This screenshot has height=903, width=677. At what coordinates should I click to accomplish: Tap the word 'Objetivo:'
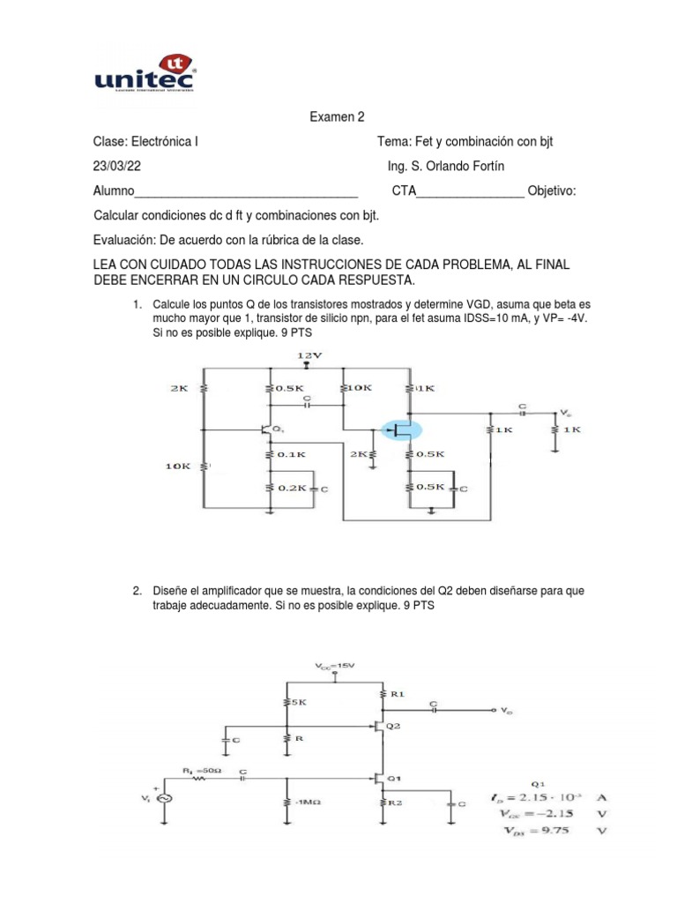click(552, 191)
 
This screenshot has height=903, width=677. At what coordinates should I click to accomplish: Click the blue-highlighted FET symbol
click(401, 430)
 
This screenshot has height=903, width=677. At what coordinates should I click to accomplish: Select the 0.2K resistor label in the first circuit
click(291, 487)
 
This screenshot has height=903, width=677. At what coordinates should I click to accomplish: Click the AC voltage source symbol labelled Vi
click(163, 796)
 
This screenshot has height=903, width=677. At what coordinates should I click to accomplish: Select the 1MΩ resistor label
click(305, 803)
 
